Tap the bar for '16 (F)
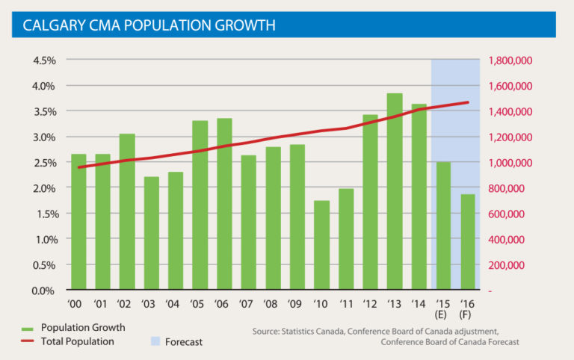click(x=467, y=242)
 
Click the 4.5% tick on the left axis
click(x=44, y=60)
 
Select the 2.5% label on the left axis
click(x=44, y=163)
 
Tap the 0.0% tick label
click(x=44, y=291)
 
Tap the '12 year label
click(x=370, y=305)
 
